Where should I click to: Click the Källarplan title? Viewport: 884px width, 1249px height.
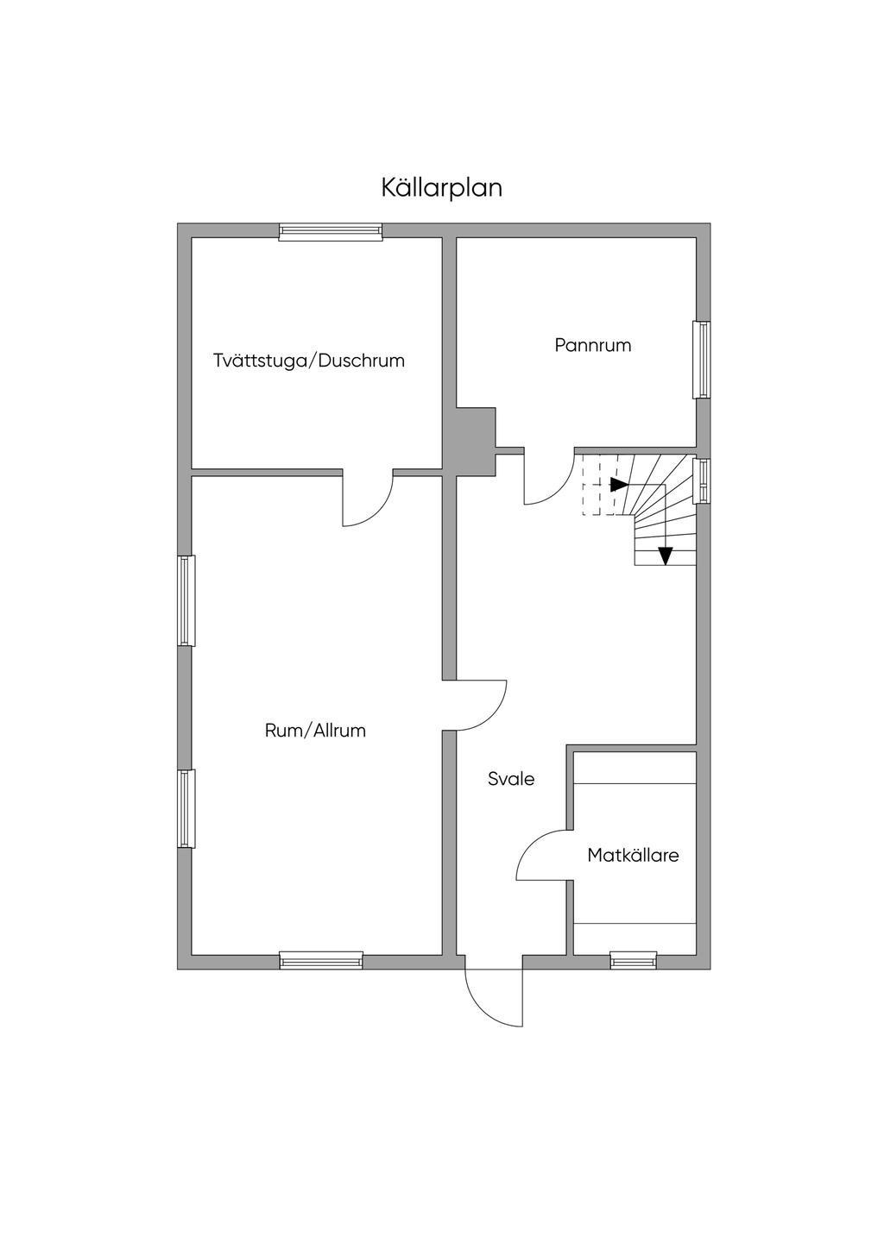pyautogui.click(x=441, y=188)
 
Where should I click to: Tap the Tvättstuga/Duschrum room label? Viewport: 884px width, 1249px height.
pyautogui.click(x=309, y=361)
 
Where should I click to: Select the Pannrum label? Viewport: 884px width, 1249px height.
pyautogui.click(x=592, y=345)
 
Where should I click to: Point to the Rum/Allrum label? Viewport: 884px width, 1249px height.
pyautogui.click(x=315, y=731)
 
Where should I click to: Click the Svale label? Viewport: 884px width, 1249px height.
pyautogui.click(x=511, y=779)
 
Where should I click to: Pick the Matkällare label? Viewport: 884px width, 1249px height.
pyautogui.click(x=633, y=856)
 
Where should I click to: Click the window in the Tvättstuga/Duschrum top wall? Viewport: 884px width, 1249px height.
pyautogui.click(x=330, y=230)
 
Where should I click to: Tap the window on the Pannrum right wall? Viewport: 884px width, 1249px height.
pyautogui.click(x=702, y=360)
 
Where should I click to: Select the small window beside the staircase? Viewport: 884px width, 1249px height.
pyautogui.click(x=702, y=480)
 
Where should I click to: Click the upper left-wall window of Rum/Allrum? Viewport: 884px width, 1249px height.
pyautogui.click(x=186, y=600)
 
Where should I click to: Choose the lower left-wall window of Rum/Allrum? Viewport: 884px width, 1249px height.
pyautogui.click(x=186, y=808)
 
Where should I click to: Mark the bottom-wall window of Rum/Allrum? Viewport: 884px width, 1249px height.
pyautogui.click(x=321, y=960)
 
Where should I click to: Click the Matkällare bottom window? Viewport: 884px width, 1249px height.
pyautogui.click(x=633, y=960)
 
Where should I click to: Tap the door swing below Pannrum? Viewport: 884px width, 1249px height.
pyautogui.click(x=547, y=480)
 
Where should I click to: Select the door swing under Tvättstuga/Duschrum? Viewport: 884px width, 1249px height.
pyautogui.click(x=367, y=499)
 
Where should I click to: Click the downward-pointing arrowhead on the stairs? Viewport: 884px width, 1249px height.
pyautogui.click(x=665, y=556)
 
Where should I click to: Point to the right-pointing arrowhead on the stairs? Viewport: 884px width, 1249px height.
pyautogui.click(x=618, y=484)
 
